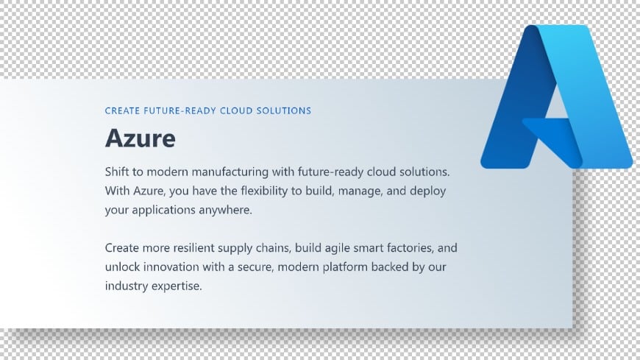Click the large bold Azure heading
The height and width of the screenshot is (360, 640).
pos(141,138)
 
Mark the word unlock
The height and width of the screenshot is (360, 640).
pos(121,267)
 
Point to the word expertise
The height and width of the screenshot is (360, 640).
pos(175,286)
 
